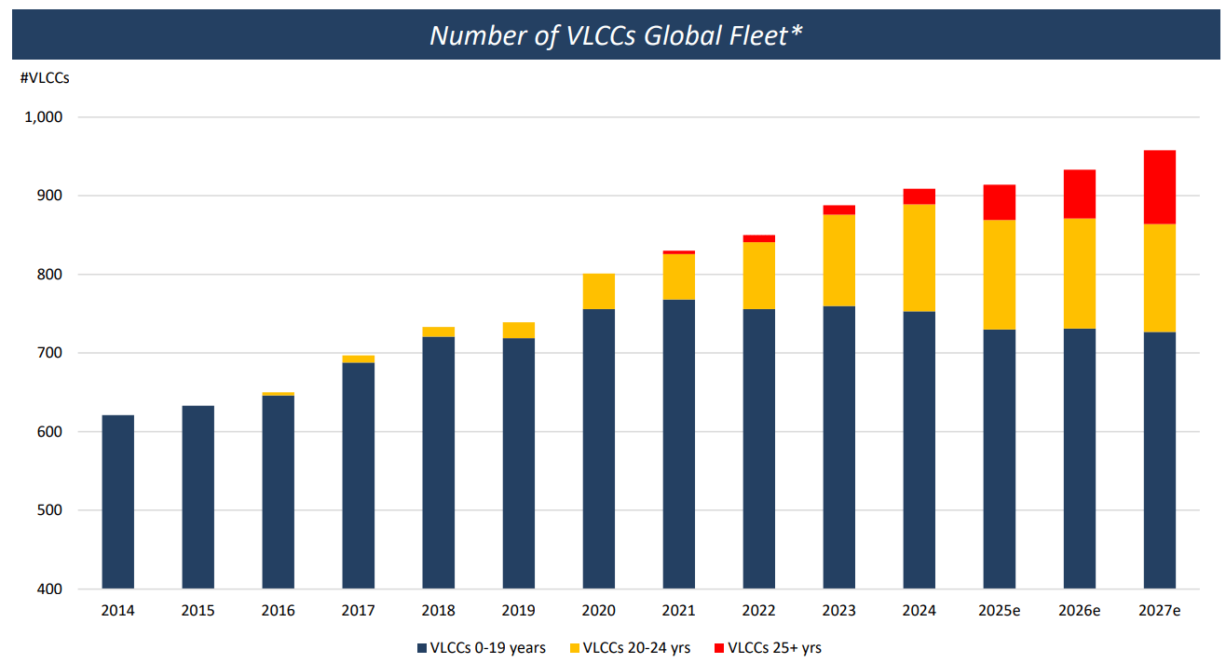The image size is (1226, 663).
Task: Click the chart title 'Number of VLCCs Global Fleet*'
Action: click(x=616, y=35)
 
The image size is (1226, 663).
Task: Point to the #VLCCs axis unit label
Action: click(x=45, y=78)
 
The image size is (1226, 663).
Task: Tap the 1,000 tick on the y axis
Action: click(x=44, y=117)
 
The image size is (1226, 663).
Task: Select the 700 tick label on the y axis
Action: click(x=48, y=353)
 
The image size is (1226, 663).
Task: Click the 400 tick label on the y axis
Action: click(x=48, y=589)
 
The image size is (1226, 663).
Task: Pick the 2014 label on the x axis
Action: click(x=118, y=611)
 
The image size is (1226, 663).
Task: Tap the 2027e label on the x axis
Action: click(x=1159, y=611)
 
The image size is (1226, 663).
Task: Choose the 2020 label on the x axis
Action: click(x=598, y=611)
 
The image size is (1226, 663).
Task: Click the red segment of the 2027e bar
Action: click(x=1159, y=187)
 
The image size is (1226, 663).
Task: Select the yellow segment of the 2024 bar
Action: click(x=919, y=258)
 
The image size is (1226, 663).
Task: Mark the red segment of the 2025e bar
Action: click(x=999, y=202)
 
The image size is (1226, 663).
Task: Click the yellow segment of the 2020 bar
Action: click(x=598, y=291)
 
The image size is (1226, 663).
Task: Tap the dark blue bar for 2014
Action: click(x=118, y=502)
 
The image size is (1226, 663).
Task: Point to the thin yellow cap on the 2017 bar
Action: click(x=358, y=359)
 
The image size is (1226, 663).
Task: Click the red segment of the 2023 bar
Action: click(x=838, y=210)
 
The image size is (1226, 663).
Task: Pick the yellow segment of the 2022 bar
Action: click(x=758, y=276)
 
